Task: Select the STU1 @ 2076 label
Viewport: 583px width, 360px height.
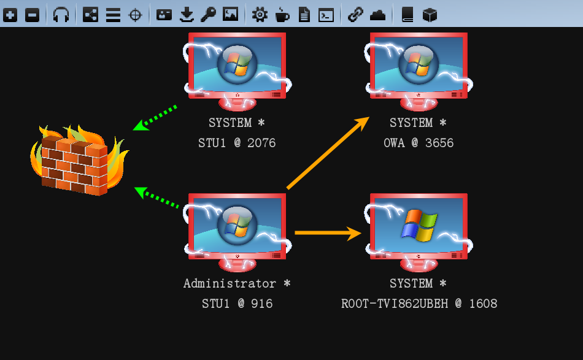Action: tap(237, 143)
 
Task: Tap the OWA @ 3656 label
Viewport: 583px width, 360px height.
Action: tap(419, 143)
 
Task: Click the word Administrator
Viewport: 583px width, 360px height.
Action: tap(230, 283)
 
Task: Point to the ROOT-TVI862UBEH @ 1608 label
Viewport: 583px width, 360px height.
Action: tap(419, 304)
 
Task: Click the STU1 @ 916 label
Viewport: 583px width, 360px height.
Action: tap(237, 304)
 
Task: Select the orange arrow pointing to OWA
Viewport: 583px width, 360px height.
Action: tap(328, 153)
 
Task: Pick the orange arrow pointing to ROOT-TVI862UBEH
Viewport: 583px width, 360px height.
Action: tap(328, 233)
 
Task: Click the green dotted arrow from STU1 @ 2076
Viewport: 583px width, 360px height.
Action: tap(155, 118)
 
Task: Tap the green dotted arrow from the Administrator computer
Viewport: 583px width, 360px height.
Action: tap(156, 197)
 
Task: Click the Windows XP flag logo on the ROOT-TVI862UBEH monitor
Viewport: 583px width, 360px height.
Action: tap(419, 225)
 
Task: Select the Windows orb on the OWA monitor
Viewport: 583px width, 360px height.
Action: tap(419, 64)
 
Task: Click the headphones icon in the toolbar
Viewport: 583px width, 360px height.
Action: tap(61, 15)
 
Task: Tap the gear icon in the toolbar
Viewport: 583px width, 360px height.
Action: tap(260, 15)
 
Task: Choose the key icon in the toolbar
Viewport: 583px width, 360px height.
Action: tap(208, 15)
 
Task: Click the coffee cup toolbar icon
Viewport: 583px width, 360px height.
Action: tap(282, 15)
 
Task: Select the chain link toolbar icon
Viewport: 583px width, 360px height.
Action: tap(355, 15)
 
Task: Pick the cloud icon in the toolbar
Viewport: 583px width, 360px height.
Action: tap(378, 15)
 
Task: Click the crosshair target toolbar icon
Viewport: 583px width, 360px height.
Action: tap(135, 15)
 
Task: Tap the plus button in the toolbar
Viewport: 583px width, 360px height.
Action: tap(10, 15)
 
